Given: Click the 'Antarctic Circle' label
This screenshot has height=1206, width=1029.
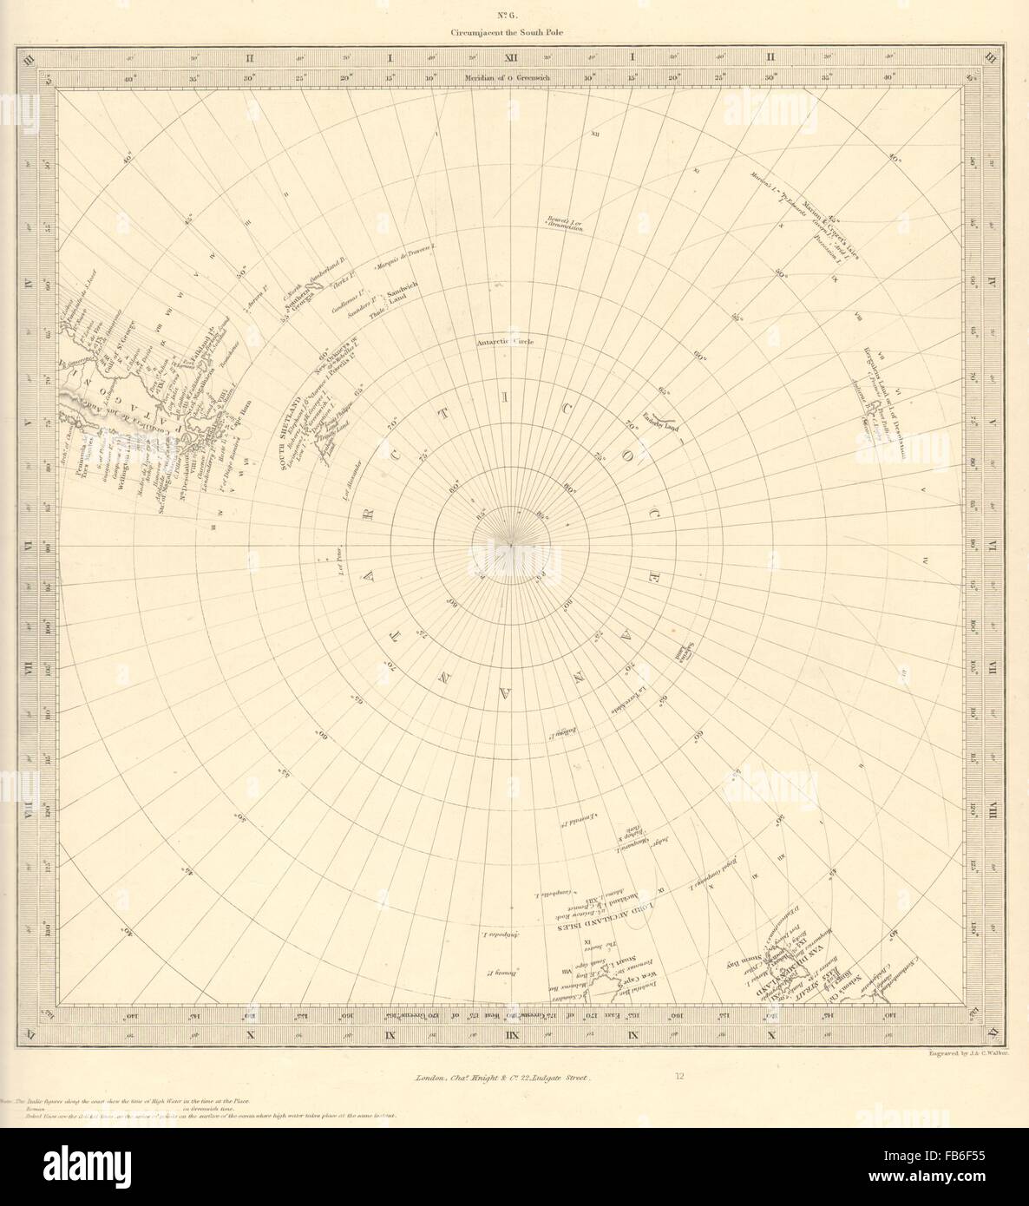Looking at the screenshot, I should pyautogui.click(x=505, y=342).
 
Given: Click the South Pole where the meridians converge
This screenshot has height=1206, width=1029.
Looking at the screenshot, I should pyautogui.click(x=514, y=543).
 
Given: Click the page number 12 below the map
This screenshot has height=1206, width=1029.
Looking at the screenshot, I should pyautogui.click(x=680, y=1077).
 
